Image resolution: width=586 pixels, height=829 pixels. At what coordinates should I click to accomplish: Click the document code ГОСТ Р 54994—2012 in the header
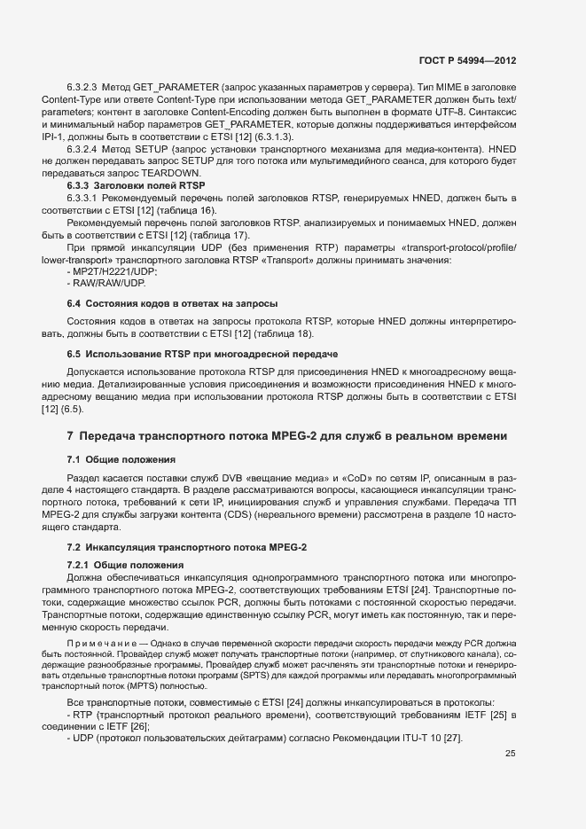coord(467,61)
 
